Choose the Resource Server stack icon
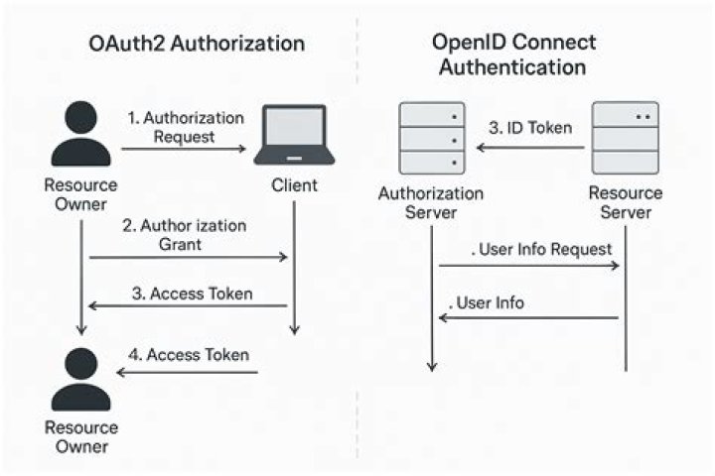point(626,138)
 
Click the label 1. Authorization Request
point(186,127)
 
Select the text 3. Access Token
point(192,294)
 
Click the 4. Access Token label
point(188,354)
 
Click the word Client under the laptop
point(294,185)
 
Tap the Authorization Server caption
point(431,203)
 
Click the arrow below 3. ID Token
point(528,148)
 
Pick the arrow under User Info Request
point(529,266)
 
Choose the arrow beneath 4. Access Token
point(188,373)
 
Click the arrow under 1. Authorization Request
point(185,150)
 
